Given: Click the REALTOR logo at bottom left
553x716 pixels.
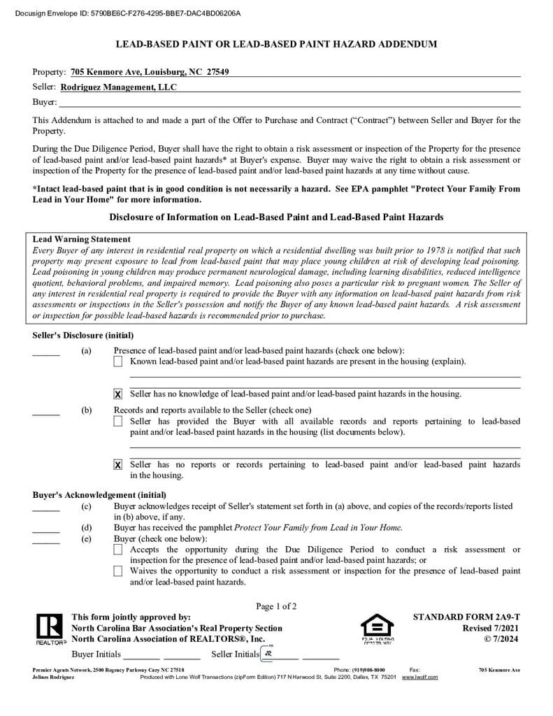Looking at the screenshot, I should (x=50, y=629).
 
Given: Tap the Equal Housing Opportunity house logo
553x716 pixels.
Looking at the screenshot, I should (x=377, y=627).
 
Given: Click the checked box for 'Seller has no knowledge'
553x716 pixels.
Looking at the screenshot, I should (x=117, y=394).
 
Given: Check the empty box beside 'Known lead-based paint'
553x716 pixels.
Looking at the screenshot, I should (x=117, y=361).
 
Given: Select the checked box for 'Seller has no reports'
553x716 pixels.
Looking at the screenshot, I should (x=117, y=465).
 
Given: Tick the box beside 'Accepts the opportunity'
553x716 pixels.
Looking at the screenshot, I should (x=117, y=550).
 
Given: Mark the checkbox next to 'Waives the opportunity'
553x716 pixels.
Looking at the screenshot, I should (x=117, y=571).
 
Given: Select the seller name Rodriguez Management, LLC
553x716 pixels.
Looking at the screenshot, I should (x=119, y=87).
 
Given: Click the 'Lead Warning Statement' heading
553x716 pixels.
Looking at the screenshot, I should (x=82, y=239).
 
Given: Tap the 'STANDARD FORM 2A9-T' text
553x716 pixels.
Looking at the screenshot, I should (x=466, y=617).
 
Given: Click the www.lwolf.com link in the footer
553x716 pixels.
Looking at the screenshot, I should (x=419, y=677).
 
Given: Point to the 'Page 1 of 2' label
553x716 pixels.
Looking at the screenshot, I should (x=276, y=606).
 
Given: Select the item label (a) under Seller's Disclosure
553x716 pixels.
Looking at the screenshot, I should (x=86, y=350).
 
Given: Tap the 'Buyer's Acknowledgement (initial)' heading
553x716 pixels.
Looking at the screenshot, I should (x=99, y=495).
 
